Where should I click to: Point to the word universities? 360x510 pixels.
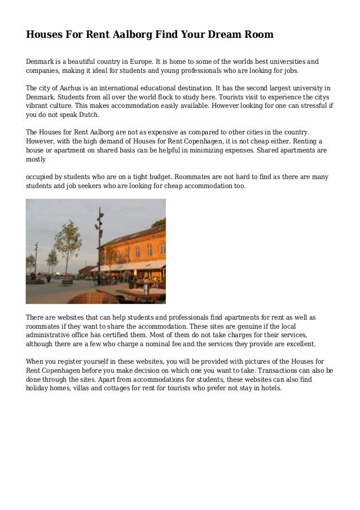click(285, 62)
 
